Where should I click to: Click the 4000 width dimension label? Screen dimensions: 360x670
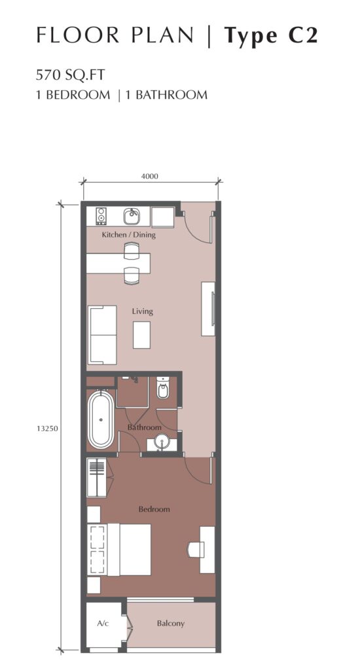tap(150, 175)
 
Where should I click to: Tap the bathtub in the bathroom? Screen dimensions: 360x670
tap(101, 419)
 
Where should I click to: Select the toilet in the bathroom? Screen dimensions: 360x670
tap(163, 387)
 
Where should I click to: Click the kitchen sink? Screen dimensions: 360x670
tap(132, 216)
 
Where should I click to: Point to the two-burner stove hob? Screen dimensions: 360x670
tap(101, 216)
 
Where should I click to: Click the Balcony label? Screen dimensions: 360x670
tap(171, 624)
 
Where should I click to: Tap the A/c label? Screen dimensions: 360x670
tap(103, 624)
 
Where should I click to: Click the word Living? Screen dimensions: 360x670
tap(143, 311)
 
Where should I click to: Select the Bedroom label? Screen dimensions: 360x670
tap(154, 509)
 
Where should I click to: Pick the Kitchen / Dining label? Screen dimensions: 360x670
tap(129, 235)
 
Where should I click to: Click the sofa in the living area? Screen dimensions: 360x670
tap(102, 335)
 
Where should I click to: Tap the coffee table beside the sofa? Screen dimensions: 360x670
tap(141, 335)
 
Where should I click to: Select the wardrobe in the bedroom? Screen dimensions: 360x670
tap(97, 477)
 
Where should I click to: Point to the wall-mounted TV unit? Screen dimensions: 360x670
tap(208, 309)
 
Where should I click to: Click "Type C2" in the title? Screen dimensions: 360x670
tap(271, 35)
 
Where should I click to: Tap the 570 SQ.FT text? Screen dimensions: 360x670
tap(71, 75)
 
